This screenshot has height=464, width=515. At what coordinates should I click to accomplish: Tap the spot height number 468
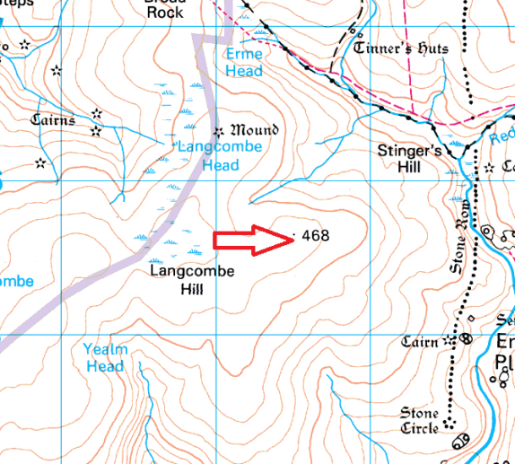[x=316, y=236]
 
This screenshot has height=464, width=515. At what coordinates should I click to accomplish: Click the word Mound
[x=255, y=130]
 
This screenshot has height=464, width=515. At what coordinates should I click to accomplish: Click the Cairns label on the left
[x=53, y=119]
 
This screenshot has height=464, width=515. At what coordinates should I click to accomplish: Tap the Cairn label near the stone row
[x=420, y=342]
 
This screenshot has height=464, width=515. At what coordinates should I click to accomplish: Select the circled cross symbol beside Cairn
[x=466, y=340]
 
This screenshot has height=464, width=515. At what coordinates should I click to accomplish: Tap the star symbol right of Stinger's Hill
[x=489, y=168]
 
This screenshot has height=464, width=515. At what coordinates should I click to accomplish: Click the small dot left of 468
[x=294, y=237]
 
